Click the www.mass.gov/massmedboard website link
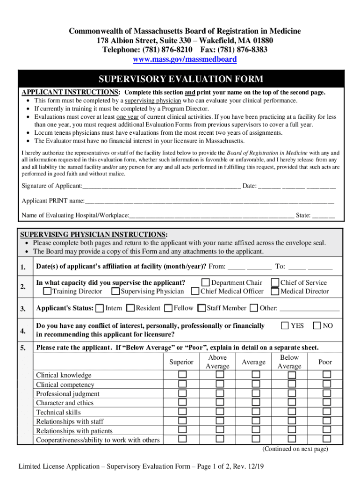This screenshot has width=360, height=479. click(185, 59)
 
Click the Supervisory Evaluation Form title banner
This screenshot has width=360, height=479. click(180, 79)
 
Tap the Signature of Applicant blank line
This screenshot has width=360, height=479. click(161, 186)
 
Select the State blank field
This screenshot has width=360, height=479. click(324, 216)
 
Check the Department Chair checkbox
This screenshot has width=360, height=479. click(206, 283)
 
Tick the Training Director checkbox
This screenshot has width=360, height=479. click(47, 291)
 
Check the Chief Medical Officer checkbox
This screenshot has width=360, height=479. click(195, 291)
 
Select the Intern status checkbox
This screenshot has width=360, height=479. click(100, 308)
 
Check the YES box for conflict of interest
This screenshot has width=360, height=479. click(285, 326)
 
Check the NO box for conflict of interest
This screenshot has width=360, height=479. click(317, 326)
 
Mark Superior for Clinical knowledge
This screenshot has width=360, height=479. click(182, 375)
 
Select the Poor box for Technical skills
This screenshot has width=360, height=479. click(326, 412)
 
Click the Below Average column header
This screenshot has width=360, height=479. click(289, 362)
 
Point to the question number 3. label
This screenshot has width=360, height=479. click(23, 309)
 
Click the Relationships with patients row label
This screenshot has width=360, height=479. click(74, 431)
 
